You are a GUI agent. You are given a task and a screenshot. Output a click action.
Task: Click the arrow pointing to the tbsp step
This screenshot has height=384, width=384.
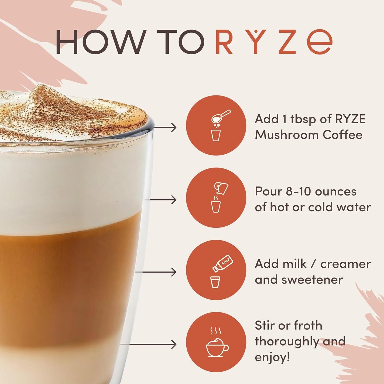(x=165, y=128)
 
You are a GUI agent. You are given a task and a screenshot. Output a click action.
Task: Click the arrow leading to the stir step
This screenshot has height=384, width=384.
(x=149, y=344)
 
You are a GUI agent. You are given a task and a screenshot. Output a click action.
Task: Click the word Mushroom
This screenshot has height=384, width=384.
(x=287, y=135)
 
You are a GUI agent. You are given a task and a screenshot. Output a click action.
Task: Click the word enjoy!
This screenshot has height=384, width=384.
(x=272, y=357)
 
